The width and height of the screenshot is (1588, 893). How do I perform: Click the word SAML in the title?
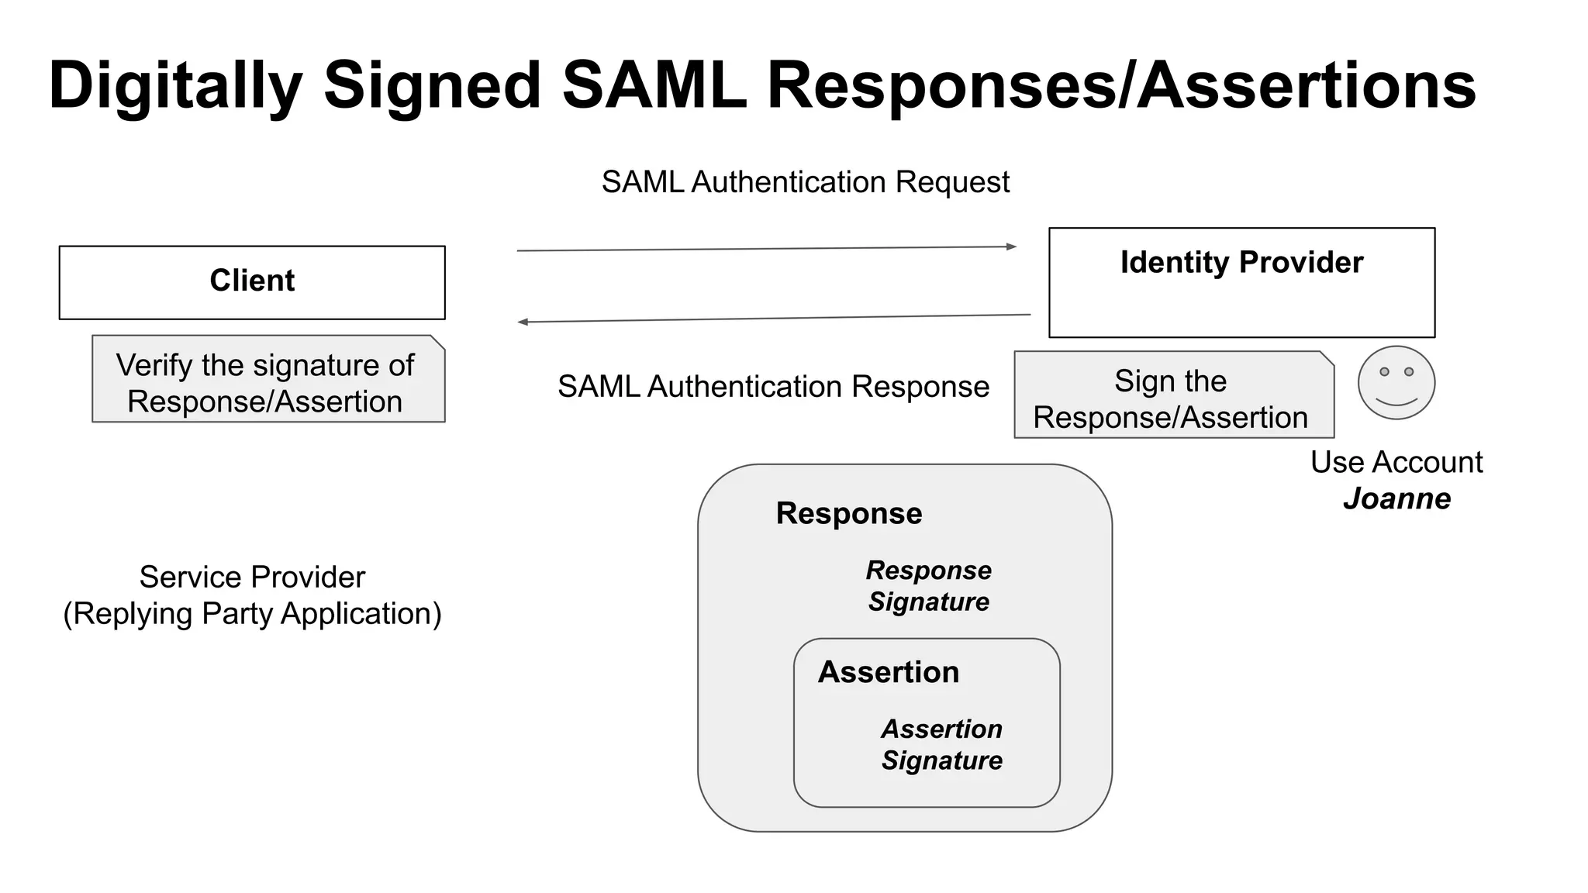click(654, 84)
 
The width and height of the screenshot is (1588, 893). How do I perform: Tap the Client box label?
click(252, 281)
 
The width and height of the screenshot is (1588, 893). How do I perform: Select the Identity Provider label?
click(1241, 263)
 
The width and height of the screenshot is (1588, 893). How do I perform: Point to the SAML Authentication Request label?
click(806, 182)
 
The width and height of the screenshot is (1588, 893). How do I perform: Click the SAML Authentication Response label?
click(773, 387)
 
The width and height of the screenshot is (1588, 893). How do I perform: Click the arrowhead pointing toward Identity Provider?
click(1011, 247)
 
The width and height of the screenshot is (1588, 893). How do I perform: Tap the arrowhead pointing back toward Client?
click(523, 322)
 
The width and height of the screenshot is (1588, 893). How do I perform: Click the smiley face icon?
click(1396, 383)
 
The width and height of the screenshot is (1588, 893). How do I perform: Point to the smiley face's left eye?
click(1384, 372)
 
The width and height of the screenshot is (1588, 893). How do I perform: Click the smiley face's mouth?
click(1396, 402)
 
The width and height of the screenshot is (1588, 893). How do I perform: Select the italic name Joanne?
click(1396, 499)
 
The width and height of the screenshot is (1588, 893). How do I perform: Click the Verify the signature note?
click(268, 379)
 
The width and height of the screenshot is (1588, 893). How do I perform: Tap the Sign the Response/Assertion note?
click(1174, 395)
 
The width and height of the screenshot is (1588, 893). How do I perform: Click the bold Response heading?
click(849, 514)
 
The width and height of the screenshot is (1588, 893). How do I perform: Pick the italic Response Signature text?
click(929, 586)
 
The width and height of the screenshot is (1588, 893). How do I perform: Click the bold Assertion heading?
click(889, 672)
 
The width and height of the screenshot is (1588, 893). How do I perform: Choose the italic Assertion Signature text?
click(942, 745)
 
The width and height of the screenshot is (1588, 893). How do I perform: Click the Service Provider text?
click(252, 578)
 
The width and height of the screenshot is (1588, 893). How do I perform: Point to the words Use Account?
click(1396, 463)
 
